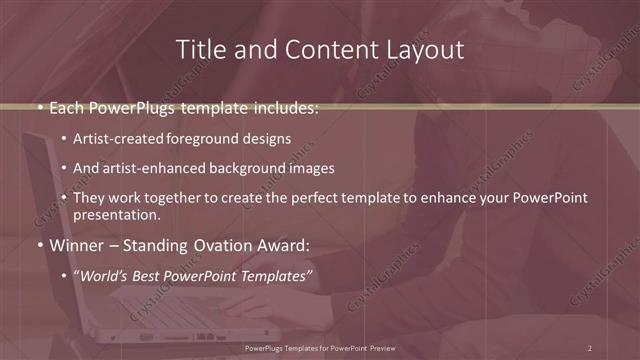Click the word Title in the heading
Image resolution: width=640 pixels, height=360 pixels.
(x=199, y=49)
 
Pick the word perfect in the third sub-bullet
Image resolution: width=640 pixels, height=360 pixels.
(x=324, y=198)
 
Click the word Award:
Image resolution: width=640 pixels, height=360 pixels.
(x=282, y=245)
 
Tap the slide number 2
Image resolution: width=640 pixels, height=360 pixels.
(x=590, y=347)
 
